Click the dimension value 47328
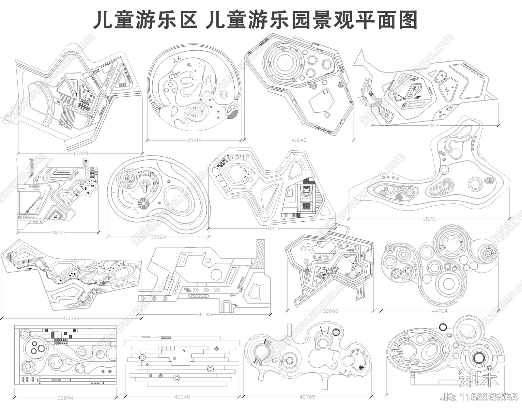pyautogui.click(x=80, y=153)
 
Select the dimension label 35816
pyautogui.click(x=194, y=141)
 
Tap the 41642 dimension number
pyautogui.click(x=299, y=140)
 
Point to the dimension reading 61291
pyautogui.click(x=429, y=219)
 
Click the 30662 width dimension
pyautogui.click(x=58, y=233)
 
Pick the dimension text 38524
pyautogui.click(x=158, y=237)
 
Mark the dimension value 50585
pyautogui.click(x=204, y=315)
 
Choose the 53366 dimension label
pyautogui.click(x=72, y=318)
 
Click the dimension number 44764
pyautogui.click(x=439, y=311)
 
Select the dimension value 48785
pyautogui.click(x=307, y=397)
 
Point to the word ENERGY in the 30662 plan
pyautogui.click(x=34, y=186)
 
